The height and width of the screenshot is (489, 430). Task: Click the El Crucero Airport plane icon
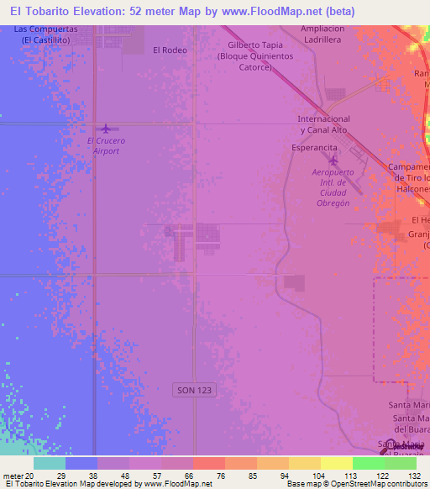(105, 129)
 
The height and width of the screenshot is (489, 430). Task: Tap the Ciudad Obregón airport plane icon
(333, 160)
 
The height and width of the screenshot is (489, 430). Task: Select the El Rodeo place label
(170, 50)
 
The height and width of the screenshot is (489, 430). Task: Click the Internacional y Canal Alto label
(323, 124)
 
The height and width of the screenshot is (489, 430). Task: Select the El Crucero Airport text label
(106, 146)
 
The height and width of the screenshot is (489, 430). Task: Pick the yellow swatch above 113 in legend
(336, 463)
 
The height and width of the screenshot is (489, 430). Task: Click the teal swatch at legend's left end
(50, 463)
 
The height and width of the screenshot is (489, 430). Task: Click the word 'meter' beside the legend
(12, 476)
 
